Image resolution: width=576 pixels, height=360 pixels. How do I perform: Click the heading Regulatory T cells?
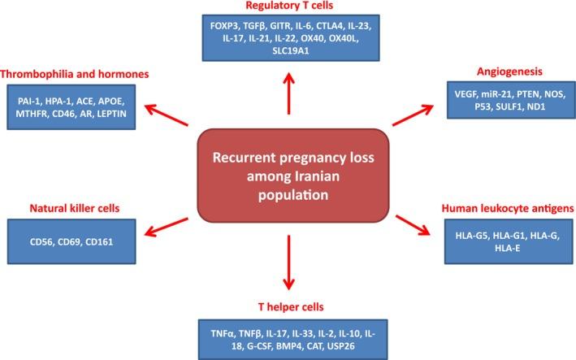coord(288,9)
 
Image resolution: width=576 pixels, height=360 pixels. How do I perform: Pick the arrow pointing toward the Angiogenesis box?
coord(414,115)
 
